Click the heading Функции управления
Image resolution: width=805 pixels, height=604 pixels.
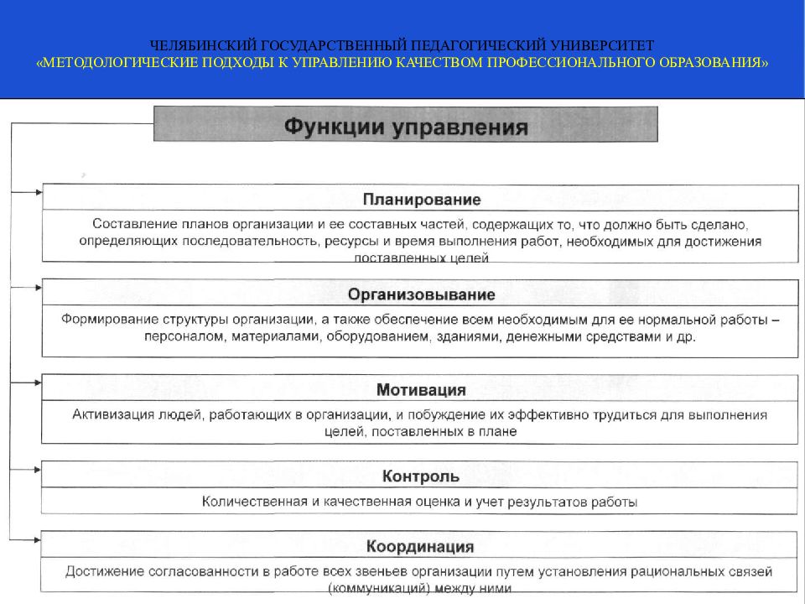pos(405,128)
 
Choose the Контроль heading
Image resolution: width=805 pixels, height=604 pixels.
pos(421,476)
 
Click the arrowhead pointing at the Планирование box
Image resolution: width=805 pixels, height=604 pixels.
pos(37,192)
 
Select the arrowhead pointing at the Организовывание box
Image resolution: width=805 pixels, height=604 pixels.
pos(37,288)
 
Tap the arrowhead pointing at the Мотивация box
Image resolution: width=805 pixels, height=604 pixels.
pos(37,383)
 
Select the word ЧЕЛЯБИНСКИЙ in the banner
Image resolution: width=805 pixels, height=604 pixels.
pos(198,44)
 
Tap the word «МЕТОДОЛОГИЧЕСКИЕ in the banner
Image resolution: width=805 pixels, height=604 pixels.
pos(115,63)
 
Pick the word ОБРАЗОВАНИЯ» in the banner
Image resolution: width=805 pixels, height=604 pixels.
pos(718,63)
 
